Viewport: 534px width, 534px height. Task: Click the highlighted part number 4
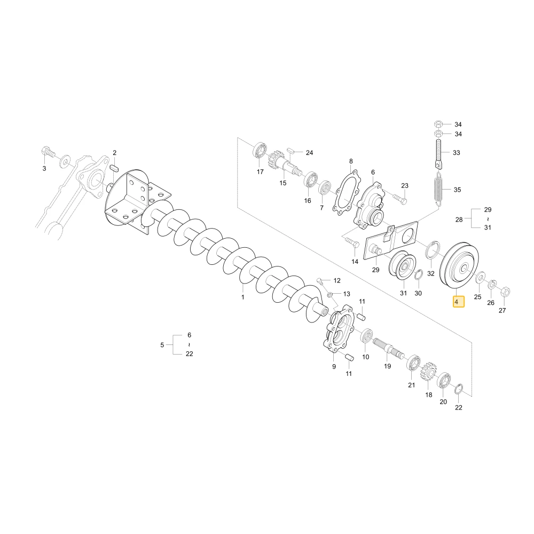click(458, 302)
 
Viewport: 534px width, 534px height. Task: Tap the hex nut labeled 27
click(505, 292)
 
